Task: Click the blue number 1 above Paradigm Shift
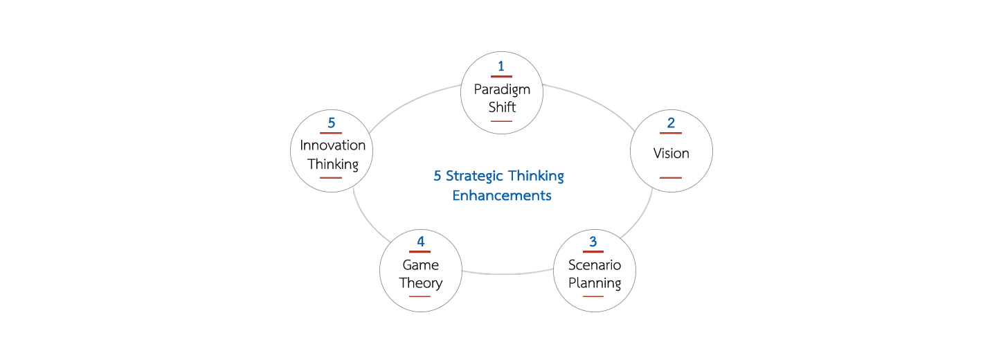pyautogui.click(x=501, y=66)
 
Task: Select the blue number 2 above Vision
pyautogui.click(x=671, y=123)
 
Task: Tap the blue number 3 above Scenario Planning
pyautogui.click(x=593, y=242)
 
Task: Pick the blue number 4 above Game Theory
pyautogui.click(x=420, y=242)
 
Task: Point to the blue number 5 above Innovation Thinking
pyautogui.click(x=332, y=123)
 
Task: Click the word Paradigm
pyautogui.click(x=502, y=89)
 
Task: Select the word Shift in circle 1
pyautogui.click(x=502, y=107)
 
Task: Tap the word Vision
pyautogui.click(x=671, y=153)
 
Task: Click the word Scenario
pyautogui.click(x=594, y=265)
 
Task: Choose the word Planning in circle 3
pyautogui.click(x=594, y=283)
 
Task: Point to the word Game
pyautogui.click(x=420, y=265)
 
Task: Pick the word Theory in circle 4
pyautogui.click(x=420, y=283)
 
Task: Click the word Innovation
pyautogui.click(x=332, y=146)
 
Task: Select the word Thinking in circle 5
pyautogui.click(x=332, y=164)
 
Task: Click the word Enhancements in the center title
pyautogui.click(x=502, y=196)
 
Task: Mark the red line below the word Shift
pyautogui.click(x=501, y=121)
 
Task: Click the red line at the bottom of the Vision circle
pyautogui.click(x=671, y=178)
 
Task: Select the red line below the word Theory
pyautogui.click(x=420, y=296)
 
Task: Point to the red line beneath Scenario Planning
pyautogui.click(x=593, y=296)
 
